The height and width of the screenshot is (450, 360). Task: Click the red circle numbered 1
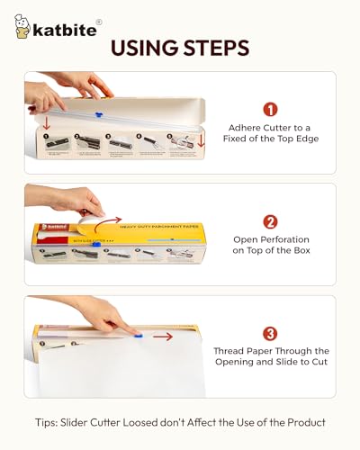[270, 111]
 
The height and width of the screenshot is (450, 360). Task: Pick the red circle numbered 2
[270, 222]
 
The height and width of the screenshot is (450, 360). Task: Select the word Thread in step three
[232, 351]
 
